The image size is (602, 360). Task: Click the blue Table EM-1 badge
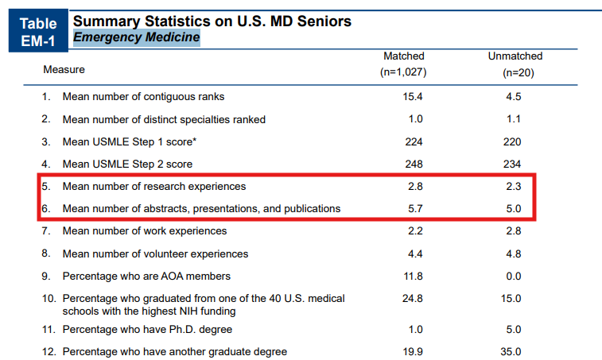click(36, 31)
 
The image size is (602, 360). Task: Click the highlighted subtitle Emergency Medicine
click(136, 37)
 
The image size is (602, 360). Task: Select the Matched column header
click(404, 56)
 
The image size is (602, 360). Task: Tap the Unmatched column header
click(515, 56)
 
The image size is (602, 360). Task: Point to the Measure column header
click(64, 69)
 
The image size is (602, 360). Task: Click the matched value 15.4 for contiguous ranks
click(413, 97)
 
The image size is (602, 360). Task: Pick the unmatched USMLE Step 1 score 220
click(512, 141)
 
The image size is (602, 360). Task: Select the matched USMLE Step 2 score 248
click(413, 164)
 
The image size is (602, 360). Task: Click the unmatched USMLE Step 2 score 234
click(512, 164)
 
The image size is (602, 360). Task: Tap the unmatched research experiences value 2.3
click(512, 186)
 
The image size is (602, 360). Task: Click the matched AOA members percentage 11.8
click(413, 276)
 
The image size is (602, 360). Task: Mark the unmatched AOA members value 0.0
click(513, 276)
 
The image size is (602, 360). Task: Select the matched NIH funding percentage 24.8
click(413, 298)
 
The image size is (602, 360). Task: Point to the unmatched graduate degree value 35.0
click(512, 351)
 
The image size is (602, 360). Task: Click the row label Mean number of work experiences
click(145, 230)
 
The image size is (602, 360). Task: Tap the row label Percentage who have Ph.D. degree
click(147, 329)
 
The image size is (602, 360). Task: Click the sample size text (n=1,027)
click(404, 72)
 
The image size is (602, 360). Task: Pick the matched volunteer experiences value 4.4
click(413, 254)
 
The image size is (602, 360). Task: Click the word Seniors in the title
click(317, 21)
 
